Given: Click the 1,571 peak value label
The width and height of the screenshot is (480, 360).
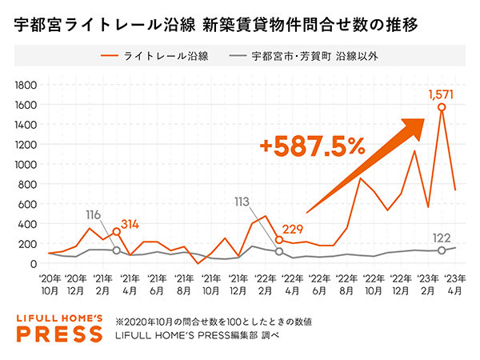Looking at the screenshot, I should (441, 96).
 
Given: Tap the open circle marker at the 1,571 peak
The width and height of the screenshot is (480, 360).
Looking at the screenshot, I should (442, 108).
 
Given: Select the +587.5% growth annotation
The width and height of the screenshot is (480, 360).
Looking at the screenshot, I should (312, 146).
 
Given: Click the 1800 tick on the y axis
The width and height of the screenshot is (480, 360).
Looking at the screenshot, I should (26, 86).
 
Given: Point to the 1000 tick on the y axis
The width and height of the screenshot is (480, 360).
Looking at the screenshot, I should (26, 165).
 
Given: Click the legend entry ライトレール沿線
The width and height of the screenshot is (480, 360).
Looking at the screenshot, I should (160, 57).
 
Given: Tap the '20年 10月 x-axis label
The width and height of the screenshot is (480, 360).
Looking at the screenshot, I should (50, 285).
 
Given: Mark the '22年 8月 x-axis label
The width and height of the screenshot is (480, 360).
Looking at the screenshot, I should (346, 285).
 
